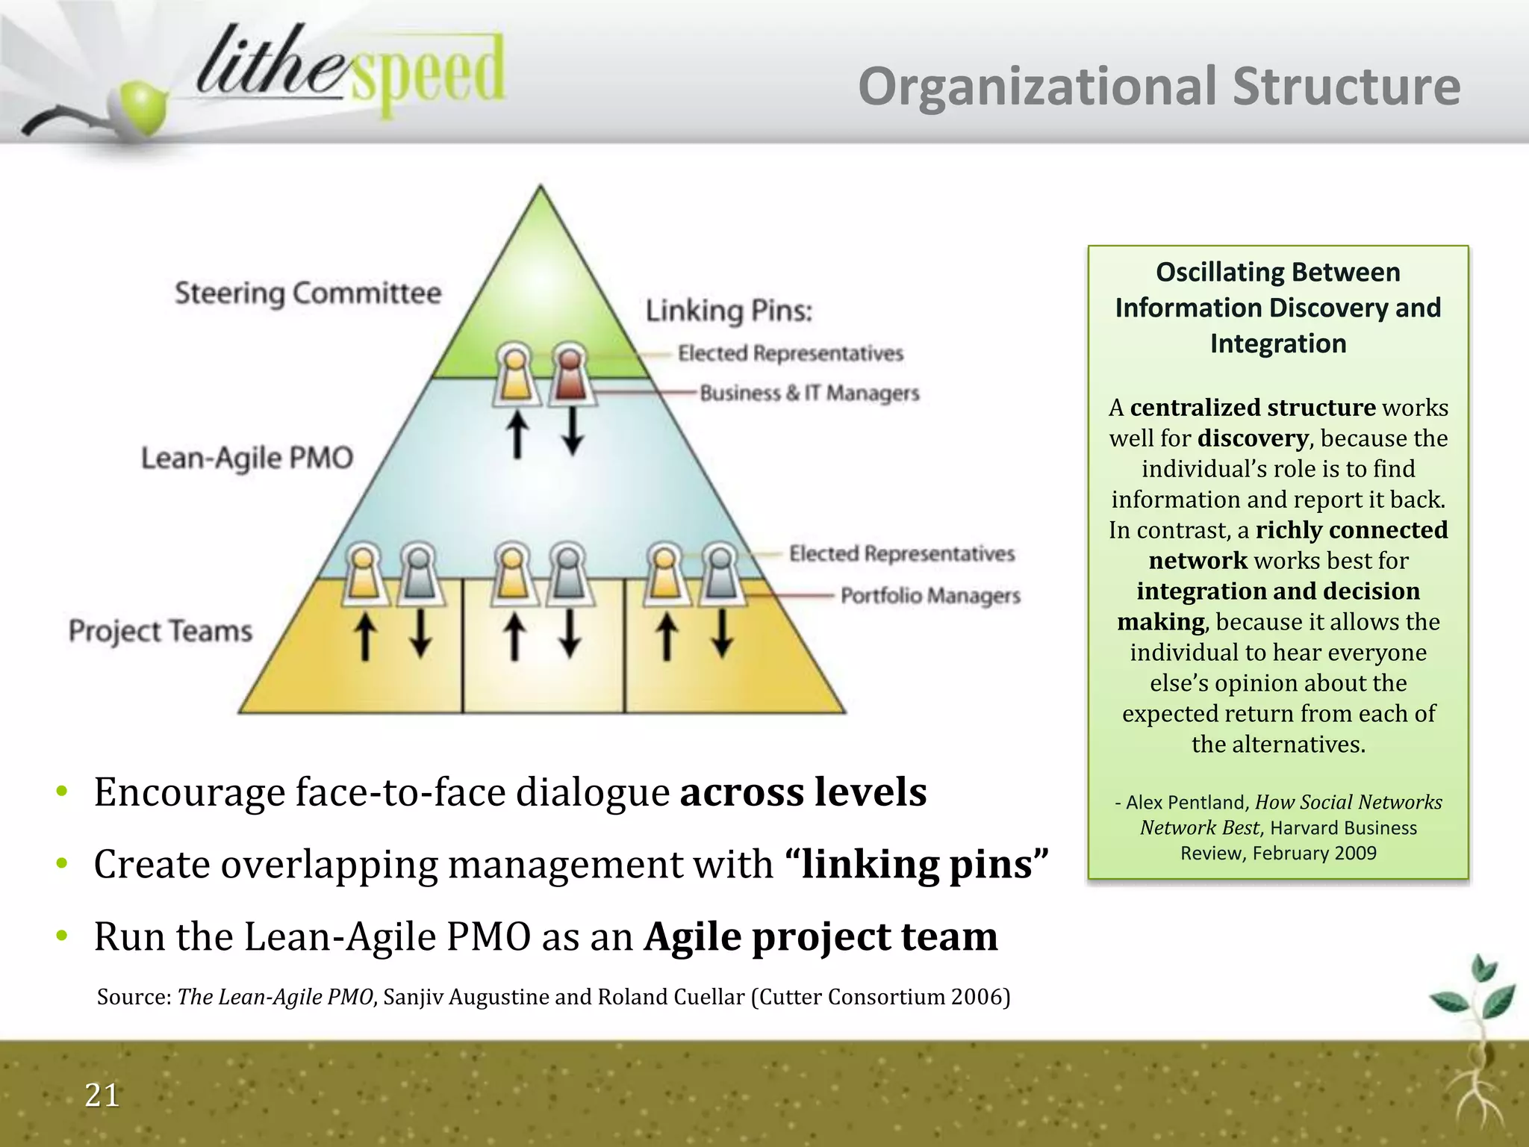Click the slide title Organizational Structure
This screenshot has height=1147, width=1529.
(x=1159, y=87)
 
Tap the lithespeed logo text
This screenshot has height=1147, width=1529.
(x=349, y=72)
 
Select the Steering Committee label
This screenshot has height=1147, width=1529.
(x=308, y=293)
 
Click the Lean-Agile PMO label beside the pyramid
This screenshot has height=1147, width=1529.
(x=247, y=458)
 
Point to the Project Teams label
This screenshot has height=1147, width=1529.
(x=161, y=631)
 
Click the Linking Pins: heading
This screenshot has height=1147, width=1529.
(x=729, y=311)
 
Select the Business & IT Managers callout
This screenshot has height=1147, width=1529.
(x=809, y=393)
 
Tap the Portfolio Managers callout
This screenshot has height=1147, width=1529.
(x=930, y=595)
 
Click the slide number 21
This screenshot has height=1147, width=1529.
(x=102, y=1095)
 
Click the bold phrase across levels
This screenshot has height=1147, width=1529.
(x=803, y=792)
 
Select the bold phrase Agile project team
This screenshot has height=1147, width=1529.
(x=820, y=936)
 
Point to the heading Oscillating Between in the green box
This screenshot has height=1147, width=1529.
(x=1277, y=272)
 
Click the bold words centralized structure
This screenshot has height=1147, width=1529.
(x=1252, y=407)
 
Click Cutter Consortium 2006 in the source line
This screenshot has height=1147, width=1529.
(x=881, y=997)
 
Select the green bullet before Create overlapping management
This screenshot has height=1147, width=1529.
(x=63, y=864)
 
